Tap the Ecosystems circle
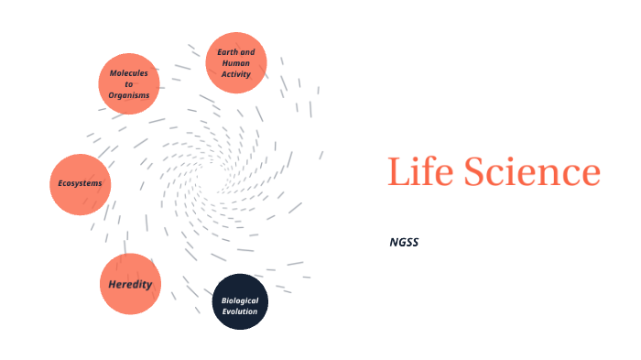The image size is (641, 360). click(80, 184)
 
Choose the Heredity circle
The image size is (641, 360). click(130, 284)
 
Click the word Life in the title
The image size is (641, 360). click(419, 172)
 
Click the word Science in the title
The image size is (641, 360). click(531, 172)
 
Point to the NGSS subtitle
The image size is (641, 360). click(404, 242)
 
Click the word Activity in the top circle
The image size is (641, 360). click(236, 74)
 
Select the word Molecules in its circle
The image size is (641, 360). click(129, 72)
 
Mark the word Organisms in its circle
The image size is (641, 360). click(129, 95)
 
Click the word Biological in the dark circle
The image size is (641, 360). click(240, 300)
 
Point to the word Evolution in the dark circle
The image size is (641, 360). click(240, 311)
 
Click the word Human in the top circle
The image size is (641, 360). click(236, 63)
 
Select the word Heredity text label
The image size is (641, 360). click(130, 284)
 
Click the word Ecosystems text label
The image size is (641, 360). click(80, 183)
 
